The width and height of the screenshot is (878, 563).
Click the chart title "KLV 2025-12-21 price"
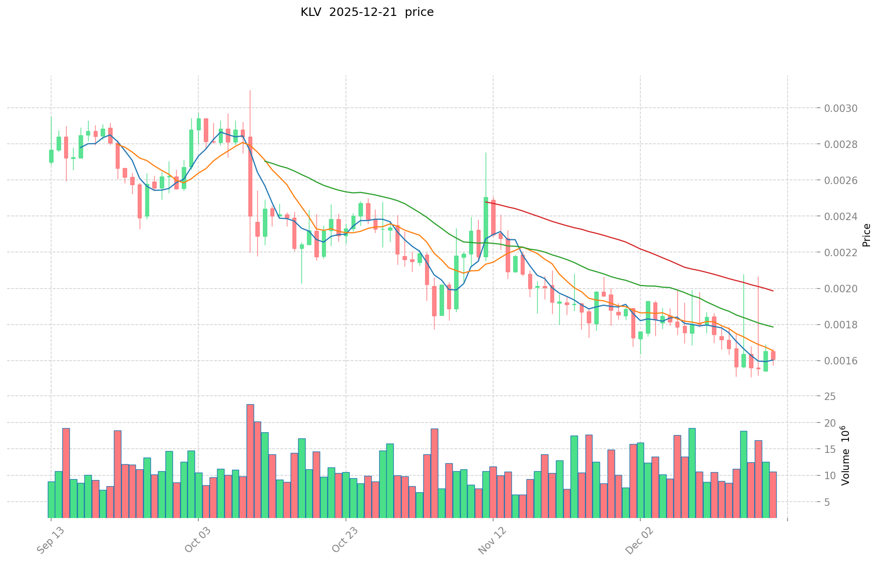pos(367,13)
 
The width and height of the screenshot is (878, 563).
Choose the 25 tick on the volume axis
pos(830,397)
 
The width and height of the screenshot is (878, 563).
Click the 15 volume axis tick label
pos(830,449)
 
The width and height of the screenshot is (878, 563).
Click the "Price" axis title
pos(866,235)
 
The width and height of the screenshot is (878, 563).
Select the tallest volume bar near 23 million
pos(250,461)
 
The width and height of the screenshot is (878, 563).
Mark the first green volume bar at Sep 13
pos(51,499)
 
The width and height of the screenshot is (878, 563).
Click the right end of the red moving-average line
pos(773,291)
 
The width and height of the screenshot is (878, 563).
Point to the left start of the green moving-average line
pos(265,161)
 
